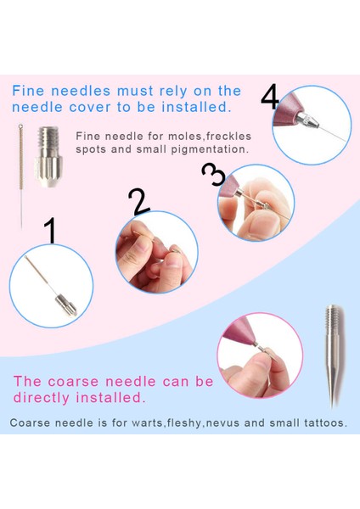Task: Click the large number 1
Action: (x=50, y=230)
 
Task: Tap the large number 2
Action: (x=138, y=202)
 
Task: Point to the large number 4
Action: (x=270, y=97)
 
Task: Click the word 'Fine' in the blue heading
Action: (x=30, y=91)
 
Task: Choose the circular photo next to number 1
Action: (x=52, y=286)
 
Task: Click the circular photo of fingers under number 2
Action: (x=156, y=252)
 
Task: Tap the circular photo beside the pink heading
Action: (x=261, y=355)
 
